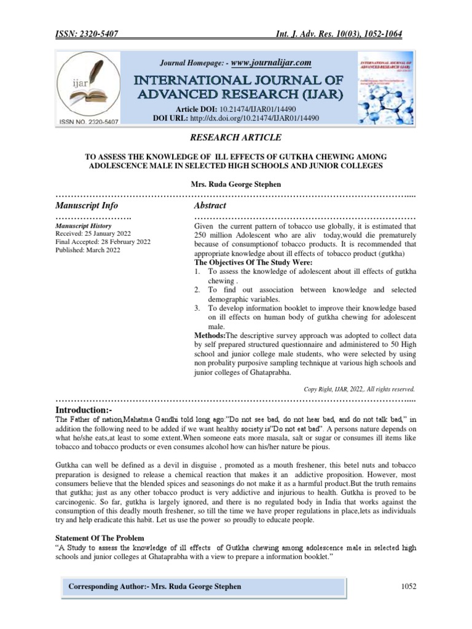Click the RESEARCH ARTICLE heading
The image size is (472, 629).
click(x=235, y=138)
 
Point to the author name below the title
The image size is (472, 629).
click(x=235, y=184)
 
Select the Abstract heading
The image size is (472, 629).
click(x=210, y=205)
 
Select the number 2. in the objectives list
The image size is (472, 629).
click(x=197, y=289)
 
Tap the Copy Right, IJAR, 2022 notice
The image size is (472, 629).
click(x=360, y=389)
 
